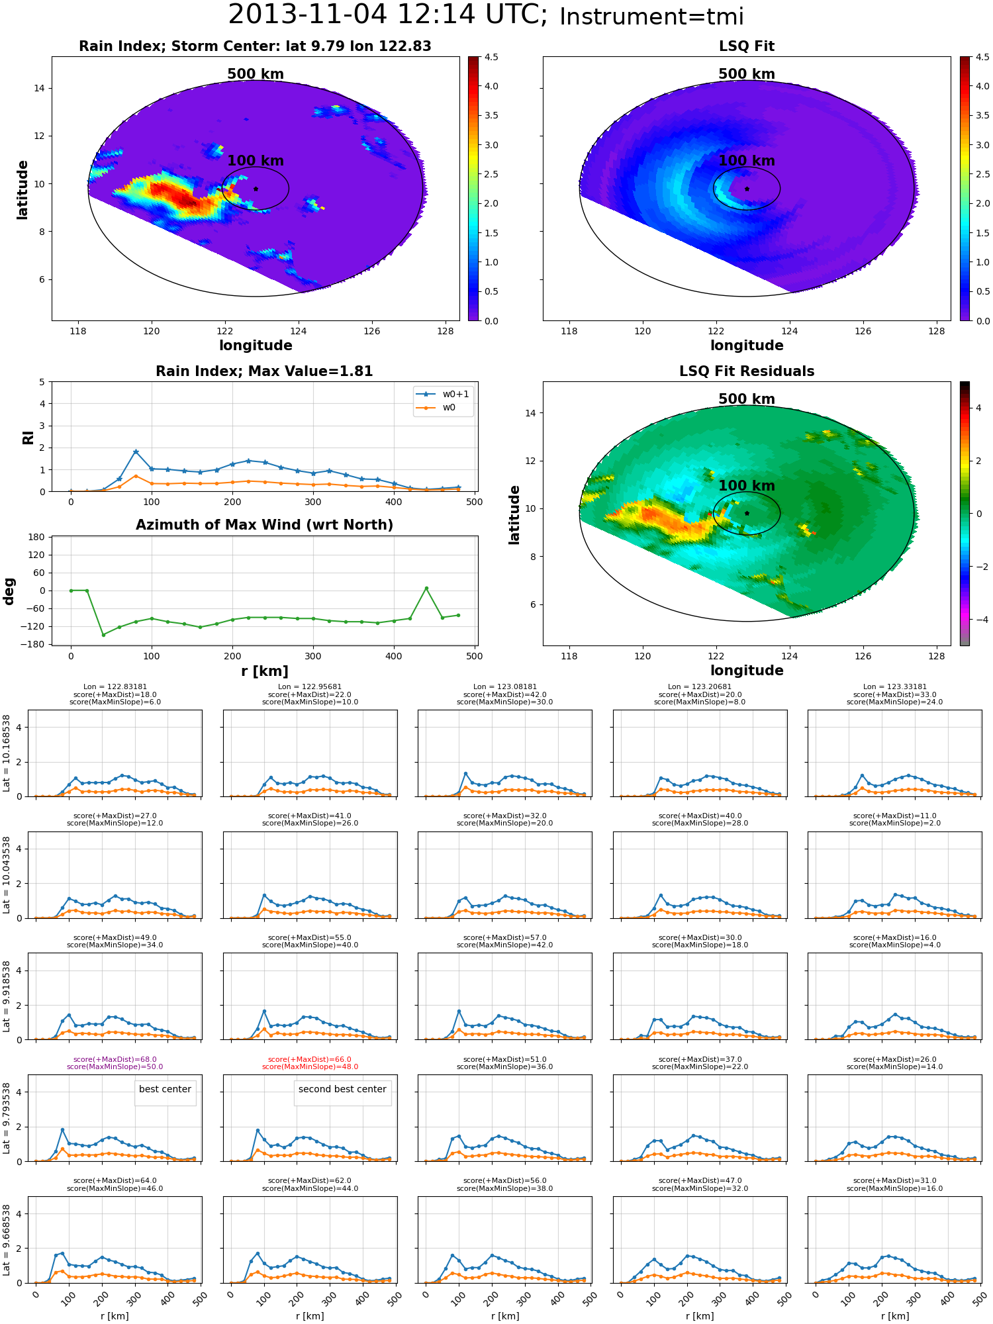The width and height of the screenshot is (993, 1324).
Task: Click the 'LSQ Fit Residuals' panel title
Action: click(747, 371)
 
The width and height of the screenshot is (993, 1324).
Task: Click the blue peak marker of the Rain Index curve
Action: click(136, 451)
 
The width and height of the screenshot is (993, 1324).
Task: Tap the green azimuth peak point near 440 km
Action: click(426, 588)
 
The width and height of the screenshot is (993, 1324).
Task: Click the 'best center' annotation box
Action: click(165, 1090)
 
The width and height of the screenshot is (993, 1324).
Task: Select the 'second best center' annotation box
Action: click(342, 1090)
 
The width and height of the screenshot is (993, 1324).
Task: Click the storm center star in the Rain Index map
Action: click(256, 189)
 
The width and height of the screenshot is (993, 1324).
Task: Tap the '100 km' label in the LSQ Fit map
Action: click(747, 161)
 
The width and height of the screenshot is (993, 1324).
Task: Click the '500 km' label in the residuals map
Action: click(747, 399)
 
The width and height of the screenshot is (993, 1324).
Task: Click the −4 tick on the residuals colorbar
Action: click(978, 620)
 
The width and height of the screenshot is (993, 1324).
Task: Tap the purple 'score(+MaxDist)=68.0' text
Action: click(115, 1059)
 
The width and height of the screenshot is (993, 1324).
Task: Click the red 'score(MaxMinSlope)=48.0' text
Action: click(310, 1066)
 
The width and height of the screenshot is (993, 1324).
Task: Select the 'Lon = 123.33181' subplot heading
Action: click(895, 687)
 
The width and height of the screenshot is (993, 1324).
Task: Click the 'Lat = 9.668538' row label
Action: click(7, 1240)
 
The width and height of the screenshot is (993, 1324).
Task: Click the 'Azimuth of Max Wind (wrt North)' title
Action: click(265, 525)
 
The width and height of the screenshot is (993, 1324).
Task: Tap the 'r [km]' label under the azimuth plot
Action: click(265, 671)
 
